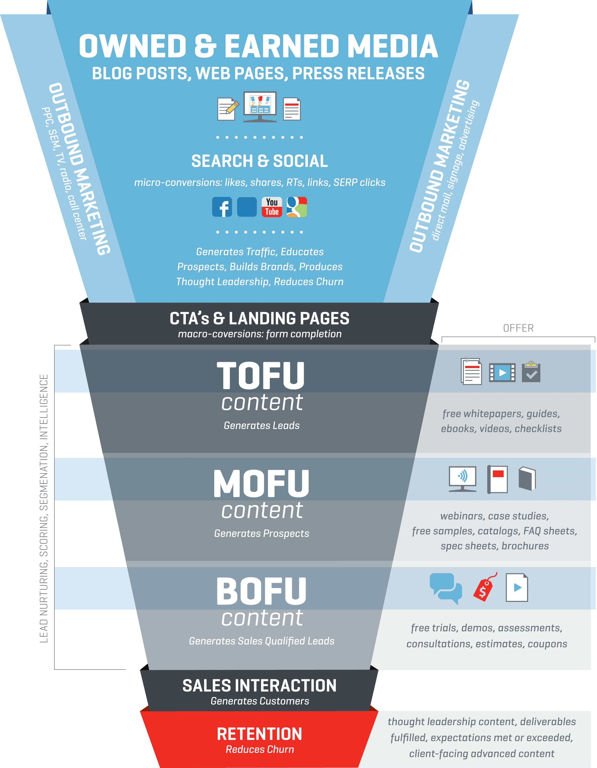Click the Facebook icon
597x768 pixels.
point(222,207)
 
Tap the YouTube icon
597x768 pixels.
point(272,207)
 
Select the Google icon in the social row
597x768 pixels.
point(297,207)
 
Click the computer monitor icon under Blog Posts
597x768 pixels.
point(260,107)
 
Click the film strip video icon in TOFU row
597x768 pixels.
point(502,372)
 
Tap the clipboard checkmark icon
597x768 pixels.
point(531,372)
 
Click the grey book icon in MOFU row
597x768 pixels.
point(527,479)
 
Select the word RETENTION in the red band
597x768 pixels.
point(259,734)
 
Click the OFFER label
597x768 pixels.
point(518,328)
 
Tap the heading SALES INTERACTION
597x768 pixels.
point(259,686)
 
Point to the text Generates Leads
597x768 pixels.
point(262,426)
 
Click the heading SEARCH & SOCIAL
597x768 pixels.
point(259,161)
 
